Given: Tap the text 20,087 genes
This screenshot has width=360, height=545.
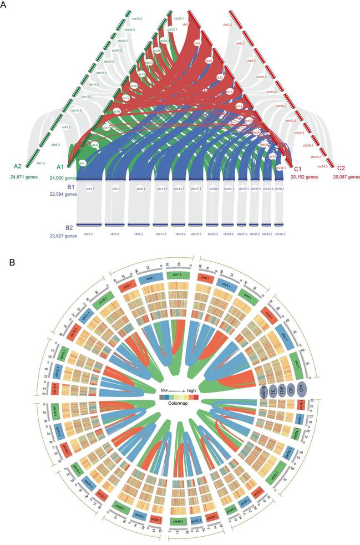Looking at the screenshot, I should pos(346,177).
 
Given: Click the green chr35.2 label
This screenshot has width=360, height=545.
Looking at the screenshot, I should pos(135,11).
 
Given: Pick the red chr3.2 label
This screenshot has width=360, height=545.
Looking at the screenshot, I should pos(227,25).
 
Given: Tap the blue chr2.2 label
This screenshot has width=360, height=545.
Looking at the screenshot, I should pos(89,234).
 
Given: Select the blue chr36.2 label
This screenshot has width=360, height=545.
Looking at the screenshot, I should pos(278,234).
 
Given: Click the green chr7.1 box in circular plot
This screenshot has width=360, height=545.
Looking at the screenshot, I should pos(179,276).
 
